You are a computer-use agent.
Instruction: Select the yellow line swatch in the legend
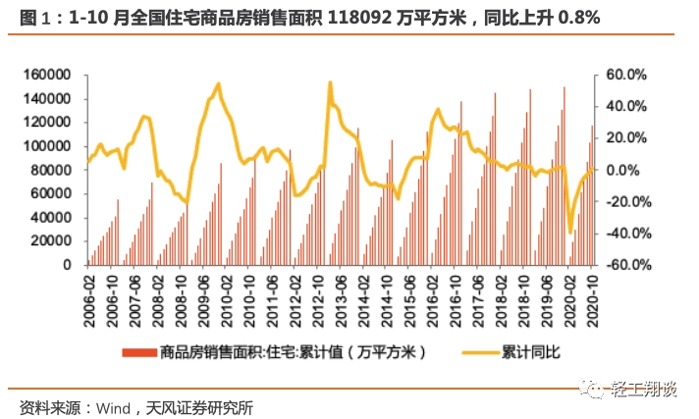(x=474, y=352)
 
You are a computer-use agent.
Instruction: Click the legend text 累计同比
(x=530, y=352)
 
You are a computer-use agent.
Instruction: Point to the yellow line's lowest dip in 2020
(x=570, y=233)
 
